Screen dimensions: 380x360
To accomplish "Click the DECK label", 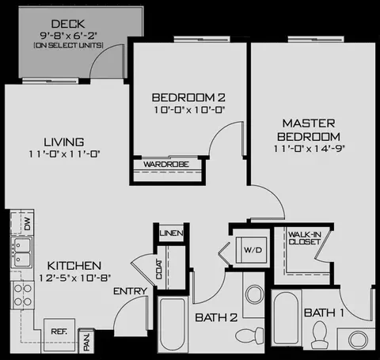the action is tap(68, 24).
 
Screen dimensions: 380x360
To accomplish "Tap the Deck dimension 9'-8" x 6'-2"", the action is tap(69, 36).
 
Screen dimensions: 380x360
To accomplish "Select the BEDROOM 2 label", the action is tap(188, 97).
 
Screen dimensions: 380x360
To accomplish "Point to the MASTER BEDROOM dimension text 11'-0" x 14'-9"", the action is tap(309, 149).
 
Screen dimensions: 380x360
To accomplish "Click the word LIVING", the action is tap(64, 142).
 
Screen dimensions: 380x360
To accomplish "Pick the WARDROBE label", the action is tap(166, 165).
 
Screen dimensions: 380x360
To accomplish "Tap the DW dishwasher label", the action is tap(27, 224).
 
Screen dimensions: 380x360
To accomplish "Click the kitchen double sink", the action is tap(21, 252).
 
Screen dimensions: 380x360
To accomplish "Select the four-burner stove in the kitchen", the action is tap(22, 295).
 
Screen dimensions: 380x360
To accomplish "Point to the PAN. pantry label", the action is tap(86, 342).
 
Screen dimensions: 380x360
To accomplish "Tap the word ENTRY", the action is tap(130, 291).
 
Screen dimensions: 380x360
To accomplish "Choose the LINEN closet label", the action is tap(172, 233).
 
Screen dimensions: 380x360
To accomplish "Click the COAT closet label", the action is tap(159, 269).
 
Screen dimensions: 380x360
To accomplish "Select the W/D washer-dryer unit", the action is tap(252, 250).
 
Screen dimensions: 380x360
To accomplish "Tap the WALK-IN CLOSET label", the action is tap(305, 238).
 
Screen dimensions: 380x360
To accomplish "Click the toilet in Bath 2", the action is tap(249, 335).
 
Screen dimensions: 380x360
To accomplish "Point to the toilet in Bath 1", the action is tap(319, 335).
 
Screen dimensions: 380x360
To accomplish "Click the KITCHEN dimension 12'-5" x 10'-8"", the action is tap(74, 278).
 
